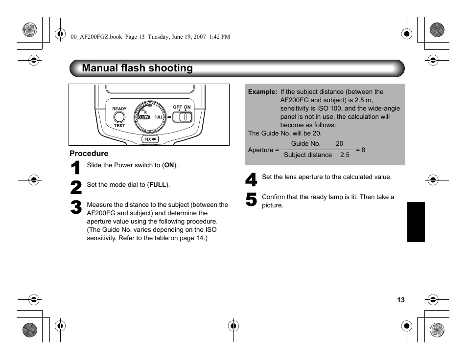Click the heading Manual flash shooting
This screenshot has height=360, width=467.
click(x=137, y=68)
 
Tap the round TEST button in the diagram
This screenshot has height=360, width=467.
click(x=119, y=117)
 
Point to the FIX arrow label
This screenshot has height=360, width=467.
click(x=150, y=139)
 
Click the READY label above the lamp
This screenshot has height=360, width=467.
click(x=119, y=109)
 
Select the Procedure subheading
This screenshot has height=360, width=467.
click(x=89, y=154)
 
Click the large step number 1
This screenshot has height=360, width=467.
click(x=76, y=168)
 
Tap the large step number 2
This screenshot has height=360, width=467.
click(x=76, y=188)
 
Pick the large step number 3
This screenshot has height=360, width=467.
click(x=76, y=207)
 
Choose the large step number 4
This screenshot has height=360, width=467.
click(x=251, y=180)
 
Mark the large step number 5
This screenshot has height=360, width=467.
click(x=251, y=200)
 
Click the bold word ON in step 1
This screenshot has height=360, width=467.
click(x=169, y=165)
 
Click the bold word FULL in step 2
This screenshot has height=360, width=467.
click(x=158, y=185)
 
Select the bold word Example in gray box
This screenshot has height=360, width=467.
click(x=262, y=92)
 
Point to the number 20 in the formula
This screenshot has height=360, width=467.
click(x=339, y=144)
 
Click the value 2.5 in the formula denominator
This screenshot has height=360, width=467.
click(x=345, y=155)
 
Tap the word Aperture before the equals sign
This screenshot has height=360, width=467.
click(x=260, y=150)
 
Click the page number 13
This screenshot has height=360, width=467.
click(x=401, y=300)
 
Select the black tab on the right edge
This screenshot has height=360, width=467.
click(x=416, y=222)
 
